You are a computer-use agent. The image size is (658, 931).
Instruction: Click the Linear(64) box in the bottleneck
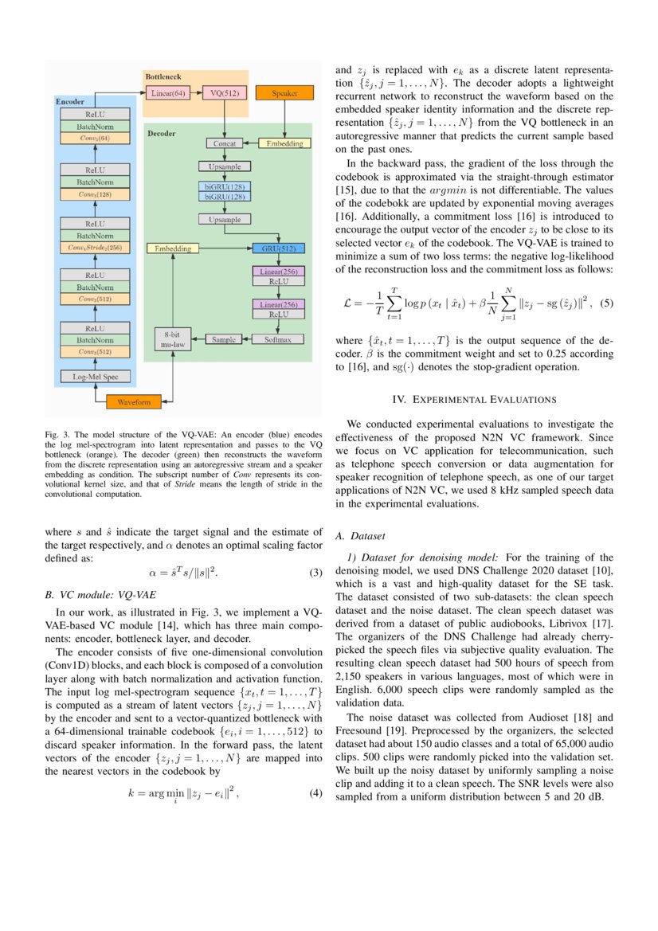[x=168, y=93]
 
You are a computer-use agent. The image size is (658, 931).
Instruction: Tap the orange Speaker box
[x=285, y=93]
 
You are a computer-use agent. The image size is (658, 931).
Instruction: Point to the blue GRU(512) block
[x=279, y=248]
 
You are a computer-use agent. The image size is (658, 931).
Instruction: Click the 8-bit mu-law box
[x=173, y=339]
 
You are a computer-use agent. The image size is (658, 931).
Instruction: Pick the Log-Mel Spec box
[x=95, y=377]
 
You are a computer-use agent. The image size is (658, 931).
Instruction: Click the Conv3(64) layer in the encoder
[x=95, y=138]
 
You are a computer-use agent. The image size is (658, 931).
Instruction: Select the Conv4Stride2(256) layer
[x=95, y=248]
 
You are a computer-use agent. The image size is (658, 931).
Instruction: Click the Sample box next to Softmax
[x=224, y=339]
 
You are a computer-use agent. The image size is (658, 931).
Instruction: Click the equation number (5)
[x=606, y=303]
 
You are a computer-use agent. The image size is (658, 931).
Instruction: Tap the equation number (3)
[x=315, y=573]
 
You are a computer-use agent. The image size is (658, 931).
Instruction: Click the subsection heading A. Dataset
[x=361, y=536]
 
